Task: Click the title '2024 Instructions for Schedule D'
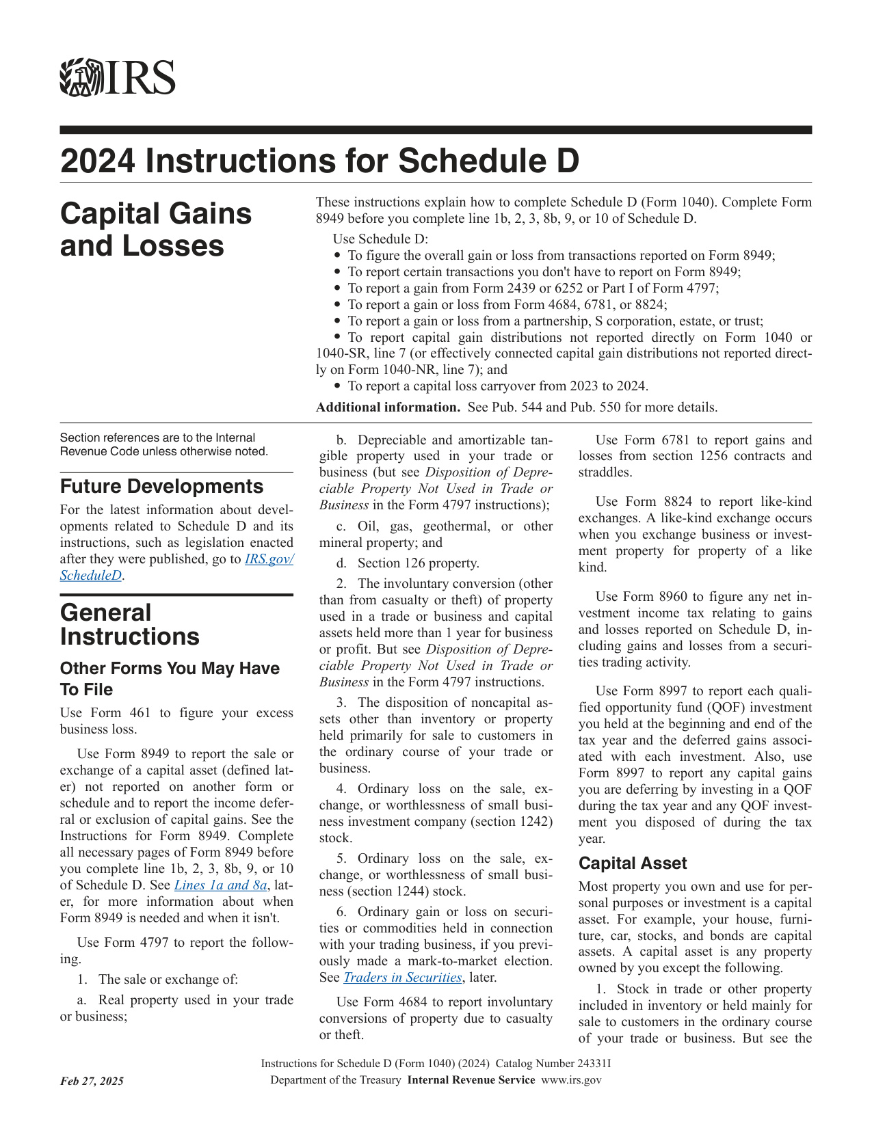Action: [319, 161]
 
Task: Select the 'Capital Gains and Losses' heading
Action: [156, 230]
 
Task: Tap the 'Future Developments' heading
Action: [161, 486]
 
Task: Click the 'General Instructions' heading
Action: [130, 624]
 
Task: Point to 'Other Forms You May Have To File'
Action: [170, 678]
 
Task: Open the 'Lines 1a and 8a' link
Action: [220, 885]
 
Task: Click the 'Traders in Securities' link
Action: [402, 978]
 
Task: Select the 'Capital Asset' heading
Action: [633, 863]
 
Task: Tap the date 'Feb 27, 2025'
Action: [92, 1081]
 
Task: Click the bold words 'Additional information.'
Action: [388, 407]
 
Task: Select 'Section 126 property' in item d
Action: [418, 563]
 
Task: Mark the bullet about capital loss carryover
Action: [497, 386]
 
